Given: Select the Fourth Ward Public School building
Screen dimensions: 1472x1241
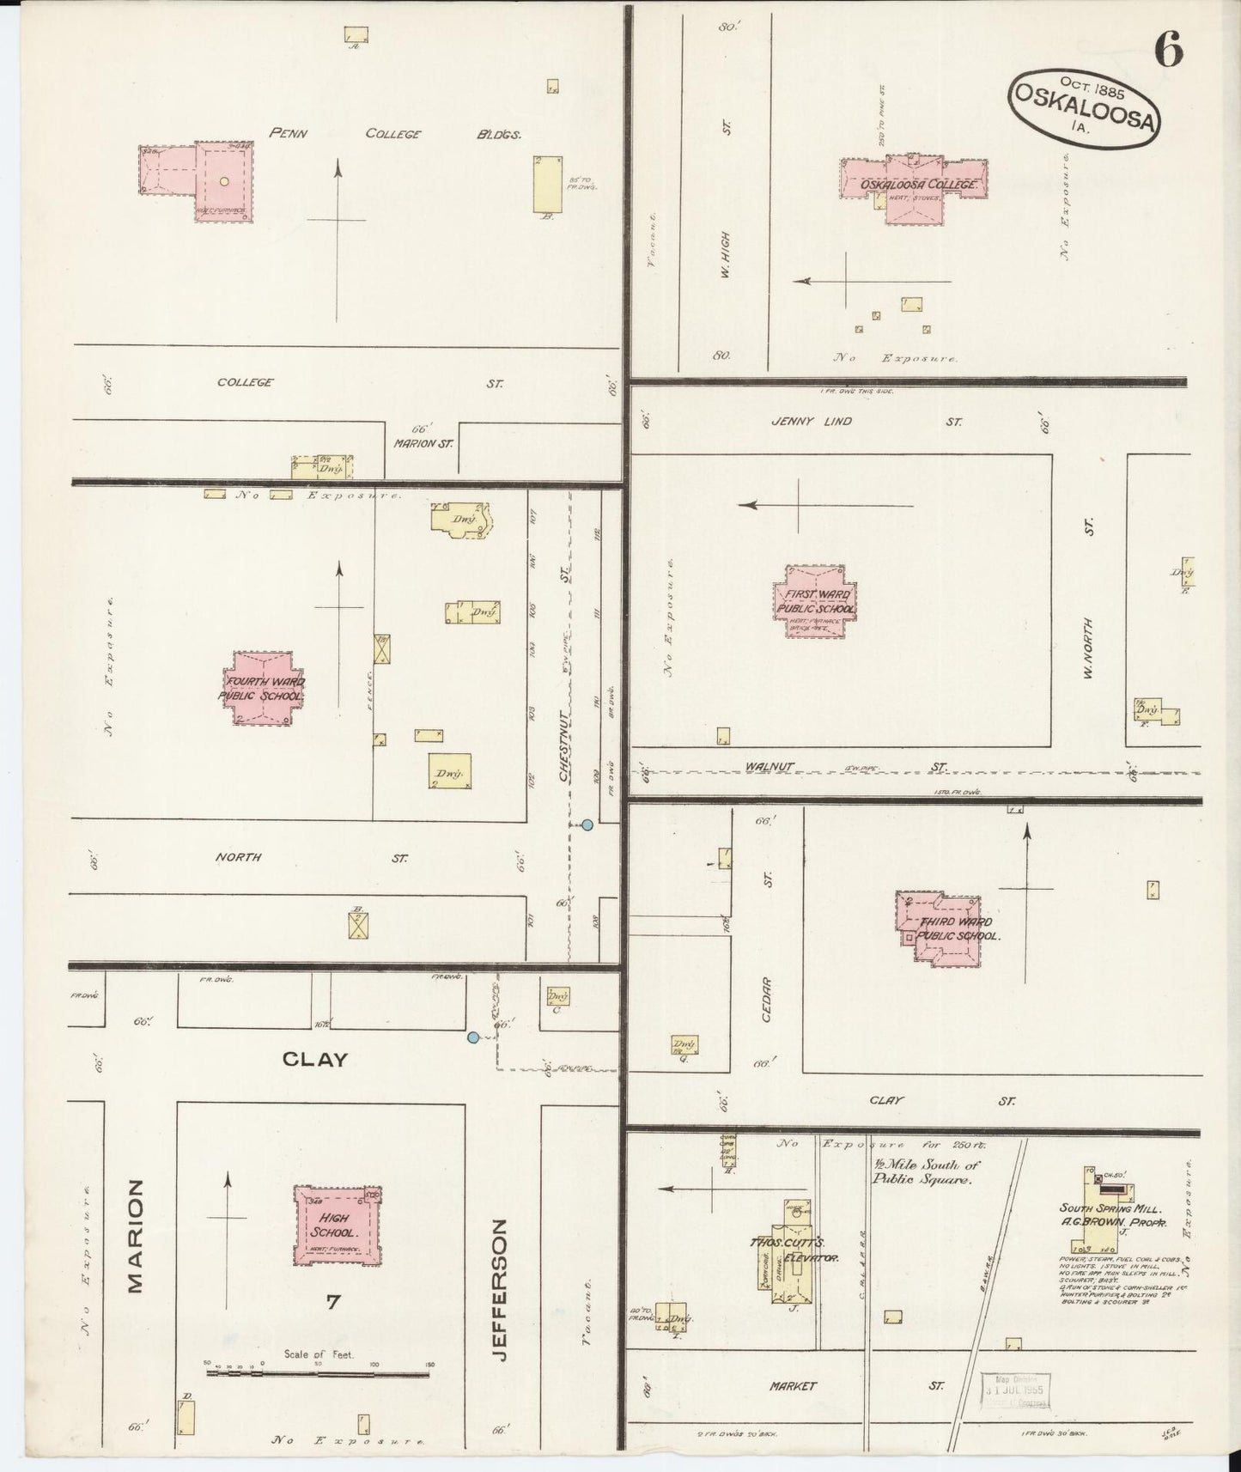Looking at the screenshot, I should [x=263, y=687].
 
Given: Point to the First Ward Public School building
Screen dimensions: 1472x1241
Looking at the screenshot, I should [x=814, y=601].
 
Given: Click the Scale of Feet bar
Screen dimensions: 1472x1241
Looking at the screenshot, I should [x=317, y=1373].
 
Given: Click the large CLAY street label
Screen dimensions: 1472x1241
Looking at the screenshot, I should [x=315, y=1060].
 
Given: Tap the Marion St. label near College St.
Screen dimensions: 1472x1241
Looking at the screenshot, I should [x=423, y=444].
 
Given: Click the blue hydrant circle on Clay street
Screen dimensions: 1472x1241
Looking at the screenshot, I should [x=472, y=1037].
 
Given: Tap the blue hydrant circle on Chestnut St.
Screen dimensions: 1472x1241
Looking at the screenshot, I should [x=587, y=824].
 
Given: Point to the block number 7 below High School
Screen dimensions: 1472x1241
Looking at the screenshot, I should [x=333, y=1302].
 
